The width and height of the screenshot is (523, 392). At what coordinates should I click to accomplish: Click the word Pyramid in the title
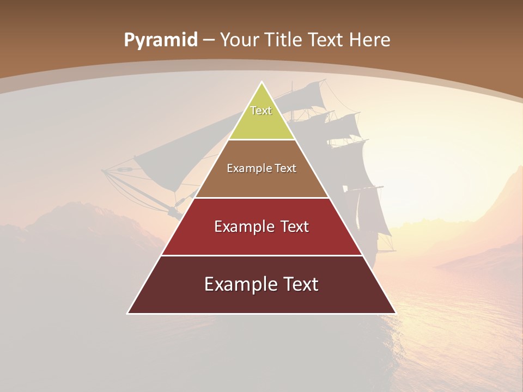[160, 40]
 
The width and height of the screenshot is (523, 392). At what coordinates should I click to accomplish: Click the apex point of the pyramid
[261, 83]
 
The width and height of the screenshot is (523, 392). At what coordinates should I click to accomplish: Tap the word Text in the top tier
[261, 111]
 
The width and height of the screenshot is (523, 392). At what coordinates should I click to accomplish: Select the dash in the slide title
[209, 40]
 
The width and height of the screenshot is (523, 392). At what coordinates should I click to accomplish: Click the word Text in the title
[326, 40]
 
